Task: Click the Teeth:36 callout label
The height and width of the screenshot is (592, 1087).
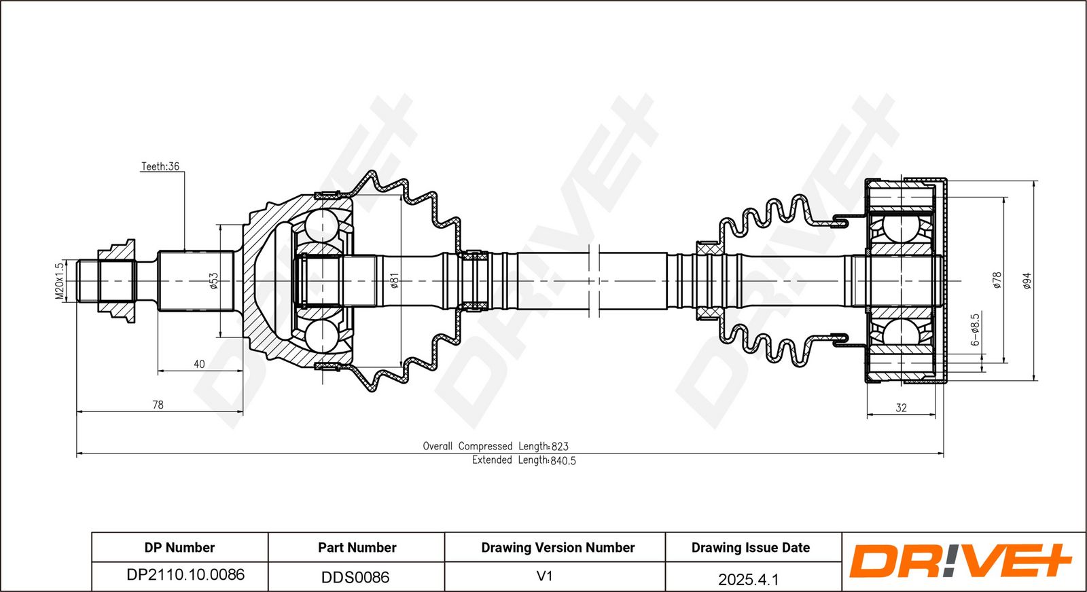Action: tap(160, 166)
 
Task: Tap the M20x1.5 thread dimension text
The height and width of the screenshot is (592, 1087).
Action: tap(59, 281)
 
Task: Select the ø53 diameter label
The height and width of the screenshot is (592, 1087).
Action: tap(213, 281)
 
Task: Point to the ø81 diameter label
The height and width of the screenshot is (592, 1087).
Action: tap(395, 281)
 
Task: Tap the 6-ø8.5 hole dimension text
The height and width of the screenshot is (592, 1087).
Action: tap(976, 329)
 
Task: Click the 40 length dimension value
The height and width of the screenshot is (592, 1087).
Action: tap(199, 364)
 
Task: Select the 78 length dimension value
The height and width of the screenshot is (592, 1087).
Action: tap(158, 405)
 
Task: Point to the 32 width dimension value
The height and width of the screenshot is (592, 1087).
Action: tap(901, 408)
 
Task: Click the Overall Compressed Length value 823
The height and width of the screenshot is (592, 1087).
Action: tap(560, 447)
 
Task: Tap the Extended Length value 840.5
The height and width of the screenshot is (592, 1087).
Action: tap(563, 460)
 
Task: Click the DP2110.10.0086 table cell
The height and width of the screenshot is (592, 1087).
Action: tap(185, 574)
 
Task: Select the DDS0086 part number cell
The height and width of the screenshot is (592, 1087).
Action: tap(355, 577)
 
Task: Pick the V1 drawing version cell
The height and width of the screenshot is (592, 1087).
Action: tap(544, 576)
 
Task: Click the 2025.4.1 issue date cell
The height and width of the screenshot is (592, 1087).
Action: tap(748, 579)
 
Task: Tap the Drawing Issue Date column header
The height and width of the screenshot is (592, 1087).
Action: tap(751, 547)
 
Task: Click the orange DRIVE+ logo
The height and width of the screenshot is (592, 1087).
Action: tap(960, 561)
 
